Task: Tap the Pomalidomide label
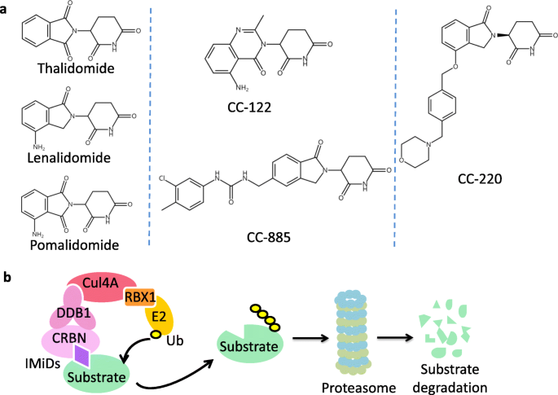[71, 244]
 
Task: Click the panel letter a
[7, 8]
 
